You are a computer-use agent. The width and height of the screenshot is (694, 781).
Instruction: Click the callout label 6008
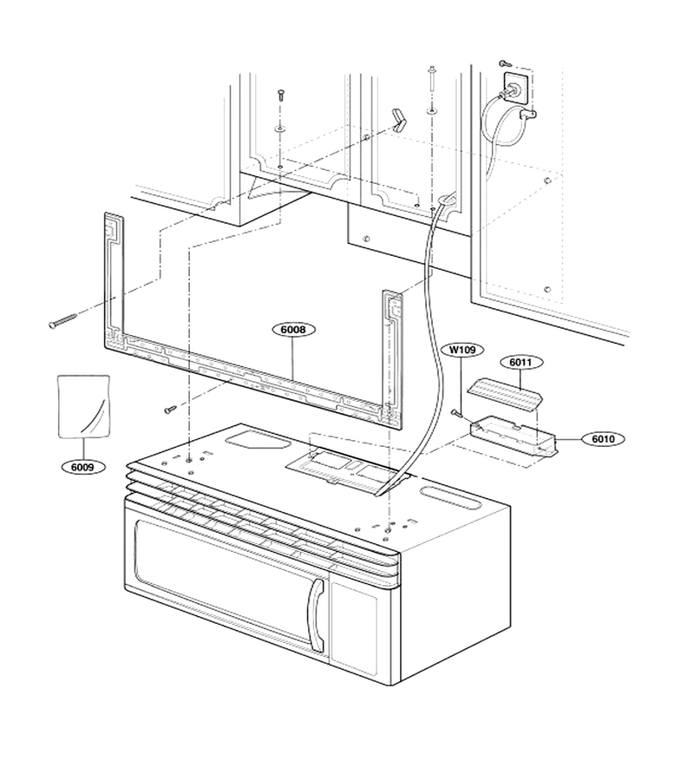click(293, 329)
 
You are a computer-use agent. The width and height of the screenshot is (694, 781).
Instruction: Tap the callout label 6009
click(82, 467)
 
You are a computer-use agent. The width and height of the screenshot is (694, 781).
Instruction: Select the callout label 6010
click(603, 439)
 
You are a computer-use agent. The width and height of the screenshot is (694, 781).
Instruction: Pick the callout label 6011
click(521, 362)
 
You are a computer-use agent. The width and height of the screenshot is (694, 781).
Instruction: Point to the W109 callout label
click(462, 350)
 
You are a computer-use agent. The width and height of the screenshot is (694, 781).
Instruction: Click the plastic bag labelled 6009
click(83, 406)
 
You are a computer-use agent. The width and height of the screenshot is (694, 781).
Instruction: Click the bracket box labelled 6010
click(514, 436)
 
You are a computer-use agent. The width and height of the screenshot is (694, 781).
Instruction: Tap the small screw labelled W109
click(456, 412)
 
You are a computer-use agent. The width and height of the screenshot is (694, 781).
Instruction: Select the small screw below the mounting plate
click(170, 410)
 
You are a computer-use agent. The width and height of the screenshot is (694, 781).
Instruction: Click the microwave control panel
click(354, 626)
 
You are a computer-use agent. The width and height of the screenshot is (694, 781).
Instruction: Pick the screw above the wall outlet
click(505, 62)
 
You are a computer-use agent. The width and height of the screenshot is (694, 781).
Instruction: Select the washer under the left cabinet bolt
click(280, 130)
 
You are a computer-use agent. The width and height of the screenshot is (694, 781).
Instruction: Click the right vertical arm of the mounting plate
click(392, 354)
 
